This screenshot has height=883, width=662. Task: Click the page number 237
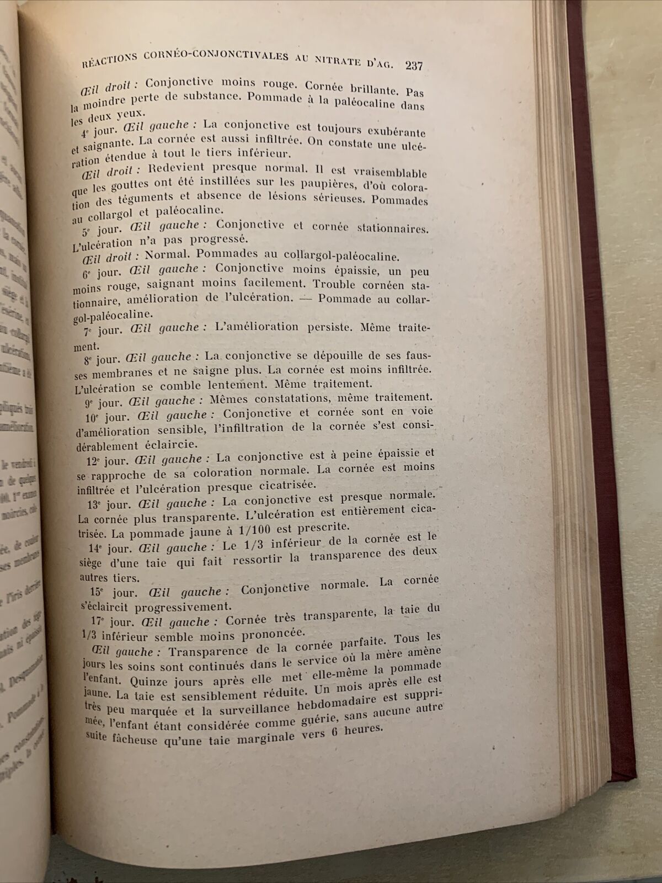pyautogui.click(x=414, y=66)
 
